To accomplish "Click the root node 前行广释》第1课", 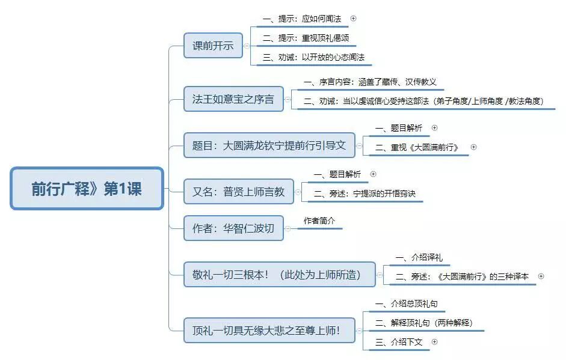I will (x=87, y=189).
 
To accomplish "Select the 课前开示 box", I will (x=213, y=46).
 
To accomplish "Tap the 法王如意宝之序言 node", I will (x=233, y=99).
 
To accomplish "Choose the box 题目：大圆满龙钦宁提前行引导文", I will (x=269, y=145).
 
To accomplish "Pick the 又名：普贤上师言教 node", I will (x=238, y=192).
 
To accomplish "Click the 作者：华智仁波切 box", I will (x=233, y=228).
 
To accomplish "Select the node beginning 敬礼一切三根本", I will (x=279, y=275).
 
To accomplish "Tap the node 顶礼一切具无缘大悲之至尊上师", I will (x=269, y=330).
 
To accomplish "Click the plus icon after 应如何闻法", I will (x=353, y=19).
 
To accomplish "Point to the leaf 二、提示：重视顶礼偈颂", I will (x=306, y=38).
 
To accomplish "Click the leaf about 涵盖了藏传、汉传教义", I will (x=374, y=82).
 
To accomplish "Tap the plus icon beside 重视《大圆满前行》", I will (x=473, y=147).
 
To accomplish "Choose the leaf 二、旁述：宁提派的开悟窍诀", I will (x=365, y=194).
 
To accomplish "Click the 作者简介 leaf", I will (x=319, y=221).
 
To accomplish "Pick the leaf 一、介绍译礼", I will (x=419, y=257).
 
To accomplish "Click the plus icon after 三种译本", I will (x=541, y=276).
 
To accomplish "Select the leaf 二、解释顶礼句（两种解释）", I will (x=423, y=323).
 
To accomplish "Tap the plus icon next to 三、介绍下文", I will (x=434, y=342).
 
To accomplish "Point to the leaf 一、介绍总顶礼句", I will (x=410, y=304).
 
